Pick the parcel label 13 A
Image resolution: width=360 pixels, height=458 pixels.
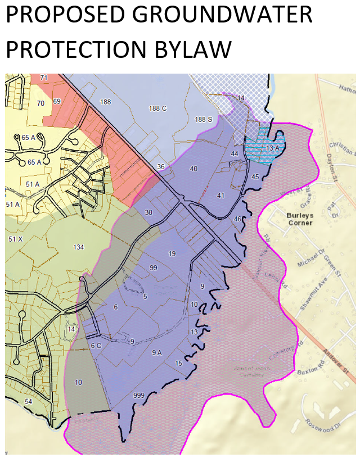point(273,148)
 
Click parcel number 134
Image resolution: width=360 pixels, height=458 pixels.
point(79,247)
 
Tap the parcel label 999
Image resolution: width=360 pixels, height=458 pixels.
point(139,395)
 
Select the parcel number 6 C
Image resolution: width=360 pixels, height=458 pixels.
point(96,346)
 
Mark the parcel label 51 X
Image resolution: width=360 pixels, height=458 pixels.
point(15,239)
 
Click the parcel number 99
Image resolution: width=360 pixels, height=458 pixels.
point(153,268)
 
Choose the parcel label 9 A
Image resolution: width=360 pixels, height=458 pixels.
point(157,352)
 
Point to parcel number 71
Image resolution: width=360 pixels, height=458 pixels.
point(44,78)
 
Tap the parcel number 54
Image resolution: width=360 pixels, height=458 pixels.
point(28,401)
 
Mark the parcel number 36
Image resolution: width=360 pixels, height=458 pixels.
point(161,166)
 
